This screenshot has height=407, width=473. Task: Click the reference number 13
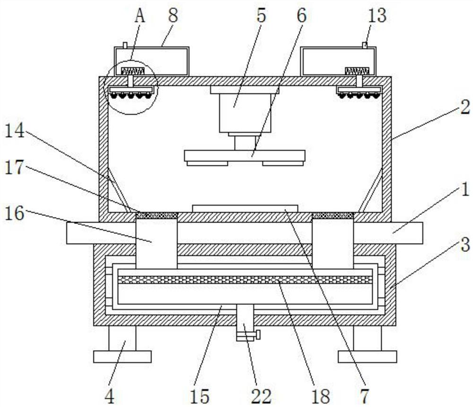(x=377, y=16)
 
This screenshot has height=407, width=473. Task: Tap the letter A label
(x=140, y=16)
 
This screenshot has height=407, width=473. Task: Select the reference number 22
(x=261, y=396)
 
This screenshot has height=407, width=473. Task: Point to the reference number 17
(x=14, y=167)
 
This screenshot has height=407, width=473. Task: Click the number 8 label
(x=173, y=16)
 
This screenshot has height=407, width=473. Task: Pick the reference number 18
(x=320, y=396)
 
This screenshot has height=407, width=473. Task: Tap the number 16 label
(x=14, y=214)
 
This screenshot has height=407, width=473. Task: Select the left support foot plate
(x=122, y=356)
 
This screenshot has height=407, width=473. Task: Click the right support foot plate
(x=367, y=356)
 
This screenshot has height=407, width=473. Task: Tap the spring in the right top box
(x=357, y=71)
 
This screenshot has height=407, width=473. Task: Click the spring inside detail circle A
(x=133, y=71)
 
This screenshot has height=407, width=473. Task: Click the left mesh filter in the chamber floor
(x=157, y=216)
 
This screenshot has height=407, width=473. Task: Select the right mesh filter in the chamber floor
(x=333, y=216)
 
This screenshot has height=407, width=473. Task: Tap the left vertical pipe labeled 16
(x=157, y=244)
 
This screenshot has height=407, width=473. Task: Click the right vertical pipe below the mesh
(x=333, y=244)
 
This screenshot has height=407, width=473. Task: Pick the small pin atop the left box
(x=125, y=45)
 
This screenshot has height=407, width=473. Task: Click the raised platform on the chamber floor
(x=245, y=209)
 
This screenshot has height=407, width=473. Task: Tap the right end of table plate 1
(x=422, y=233)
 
